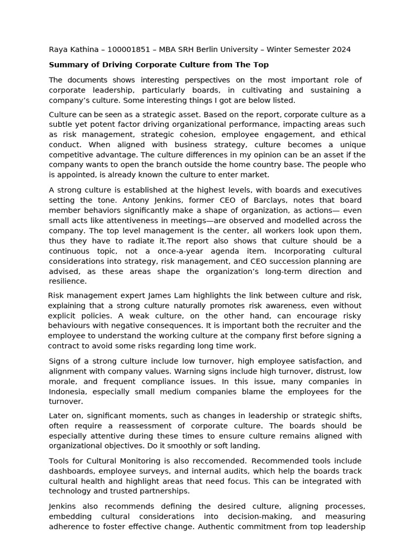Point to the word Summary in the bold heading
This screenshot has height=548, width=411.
click(x=67, y=65)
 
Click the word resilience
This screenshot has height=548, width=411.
click(x=67, y=281)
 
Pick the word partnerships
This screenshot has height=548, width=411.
click(x=167, y=491)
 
